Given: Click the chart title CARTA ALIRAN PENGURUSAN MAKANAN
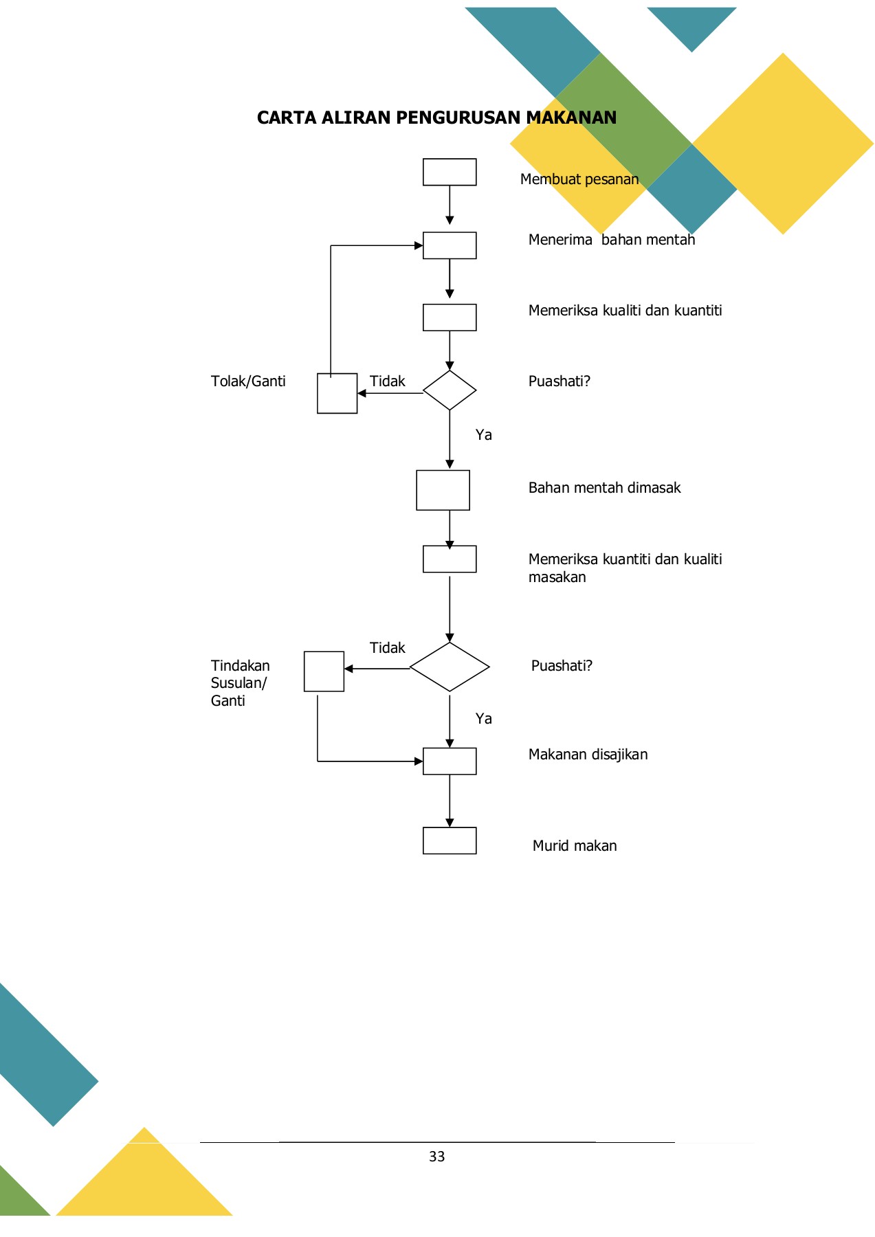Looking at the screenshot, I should [x=436, y=118].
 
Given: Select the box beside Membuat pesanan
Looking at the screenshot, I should [x=450, y=172].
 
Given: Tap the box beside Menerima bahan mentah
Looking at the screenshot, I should [x=450, y=245].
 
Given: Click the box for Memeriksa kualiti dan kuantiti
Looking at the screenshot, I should [x=450, y=317].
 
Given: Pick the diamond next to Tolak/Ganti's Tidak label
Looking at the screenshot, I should [x=450, y=390].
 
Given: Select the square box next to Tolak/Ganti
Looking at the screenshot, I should [x=337, y=393].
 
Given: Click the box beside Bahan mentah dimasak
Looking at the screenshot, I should [x=443, y=490].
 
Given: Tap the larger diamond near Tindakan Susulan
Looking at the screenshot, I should [x=450, y=667].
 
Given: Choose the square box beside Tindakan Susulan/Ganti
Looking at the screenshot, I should [x=324, y=671].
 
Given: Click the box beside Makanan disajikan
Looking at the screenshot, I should [x=450, y=761].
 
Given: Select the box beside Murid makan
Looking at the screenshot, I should [x=450, y=840].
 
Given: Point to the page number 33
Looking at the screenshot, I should [x=436, y=1157].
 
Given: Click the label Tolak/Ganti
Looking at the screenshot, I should [x=248, y=381].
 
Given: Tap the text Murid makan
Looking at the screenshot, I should [x=575, y=846].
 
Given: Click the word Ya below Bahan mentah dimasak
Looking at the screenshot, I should [x=484, y=719].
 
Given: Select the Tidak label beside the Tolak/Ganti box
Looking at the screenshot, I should [x=388, y=381].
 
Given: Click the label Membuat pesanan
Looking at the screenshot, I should [x=579, y=179].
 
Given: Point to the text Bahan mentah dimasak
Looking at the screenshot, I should [x=604, y=488].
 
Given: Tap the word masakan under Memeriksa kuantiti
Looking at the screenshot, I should [x=557, y=577].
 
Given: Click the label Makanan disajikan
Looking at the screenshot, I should [x=588, y=755].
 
